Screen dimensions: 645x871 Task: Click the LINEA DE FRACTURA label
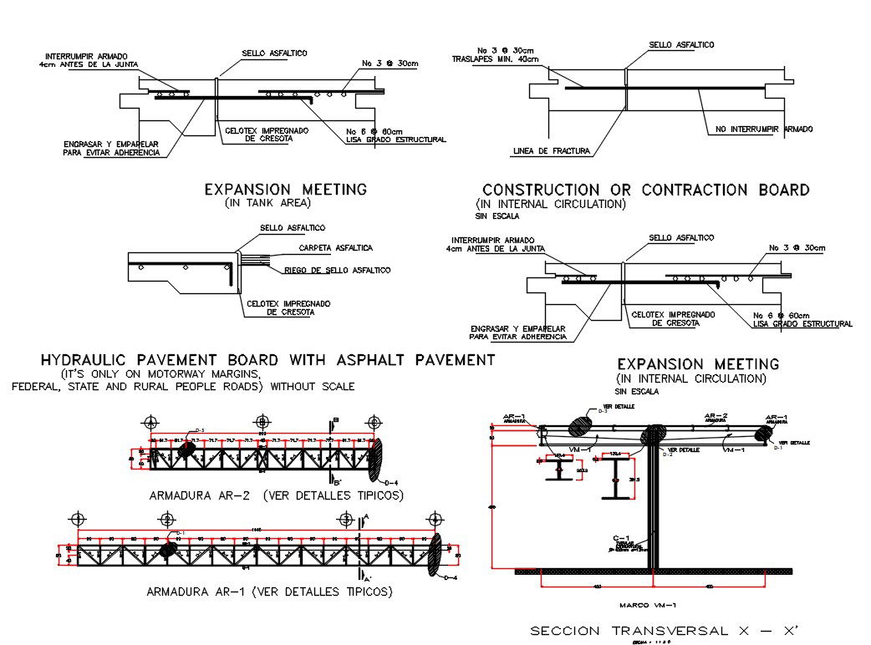[x=550, y=151]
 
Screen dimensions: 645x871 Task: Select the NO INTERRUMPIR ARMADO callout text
[x=764, y=129]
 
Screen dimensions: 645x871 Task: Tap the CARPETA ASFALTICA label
[x=336, y=248]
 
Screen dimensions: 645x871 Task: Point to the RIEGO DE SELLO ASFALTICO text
[x=337, y=270]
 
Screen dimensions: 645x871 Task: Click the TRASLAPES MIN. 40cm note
[x=495, y=59]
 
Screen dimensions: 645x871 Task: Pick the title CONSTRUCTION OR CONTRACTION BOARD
[x=645, y=190]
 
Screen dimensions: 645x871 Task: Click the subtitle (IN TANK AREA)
[x=267, y=203]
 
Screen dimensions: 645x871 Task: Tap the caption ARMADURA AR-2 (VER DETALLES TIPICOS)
[x=276, y=495]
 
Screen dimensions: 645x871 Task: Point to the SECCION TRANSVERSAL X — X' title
[x=665, y=630]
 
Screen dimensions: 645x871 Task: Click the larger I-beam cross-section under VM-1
[x=617, y=480]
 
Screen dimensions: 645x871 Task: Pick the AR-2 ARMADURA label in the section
[x=716, y=417]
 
